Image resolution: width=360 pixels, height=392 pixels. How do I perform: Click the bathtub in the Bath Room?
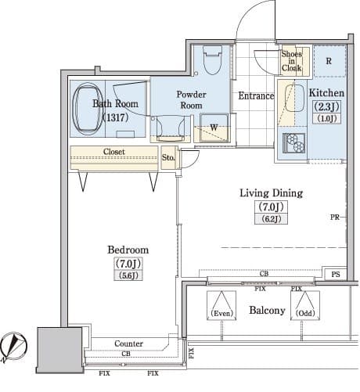tap(87, 108)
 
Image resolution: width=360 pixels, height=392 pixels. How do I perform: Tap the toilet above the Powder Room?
tap(212, 60)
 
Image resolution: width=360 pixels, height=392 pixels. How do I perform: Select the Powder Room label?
tap(191, 99)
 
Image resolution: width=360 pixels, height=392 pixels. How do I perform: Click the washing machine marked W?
tap(214, 128)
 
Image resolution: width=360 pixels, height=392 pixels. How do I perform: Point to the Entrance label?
tap(256, 95)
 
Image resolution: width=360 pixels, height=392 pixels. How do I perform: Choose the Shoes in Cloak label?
tap(291, 61)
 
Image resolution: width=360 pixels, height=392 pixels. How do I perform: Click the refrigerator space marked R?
tap(329, 61)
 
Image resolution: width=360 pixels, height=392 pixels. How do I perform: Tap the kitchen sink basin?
tap(294, 98)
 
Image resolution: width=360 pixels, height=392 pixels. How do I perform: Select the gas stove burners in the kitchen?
tap(295, 142)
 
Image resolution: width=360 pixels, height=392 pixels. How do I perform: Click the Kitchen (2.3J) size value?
tap(326, 106)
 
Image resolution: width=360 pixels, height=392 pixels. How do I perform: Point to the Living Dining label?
tap(272, 193)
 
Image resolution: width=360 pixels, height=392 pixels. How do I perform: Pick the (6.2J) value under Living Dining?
tap(272, 219)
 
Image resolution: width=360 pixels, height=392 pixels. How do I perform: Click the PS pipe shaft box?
tap(336, 274)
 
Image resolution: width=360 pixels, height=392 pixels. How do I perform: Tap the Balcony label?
tap(267, 311)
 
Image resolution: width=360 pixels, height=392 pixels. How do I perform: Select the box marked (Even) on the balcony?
tap(221, 305)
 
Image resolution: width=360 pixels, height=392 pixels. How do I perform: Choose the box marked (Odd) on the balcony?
tap(305, 305)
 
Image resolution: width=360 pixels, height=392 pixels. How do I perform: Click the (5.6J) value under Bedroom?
tap(128, 275)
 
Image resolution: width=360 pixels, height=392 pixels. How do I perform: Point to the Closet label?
tap(114, 152)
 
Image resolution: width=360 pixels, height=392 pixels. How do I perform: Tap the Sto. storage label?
tap(168, 157)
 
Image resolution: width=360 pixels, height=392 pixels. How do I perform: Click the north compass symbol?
tap(13, 346)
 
